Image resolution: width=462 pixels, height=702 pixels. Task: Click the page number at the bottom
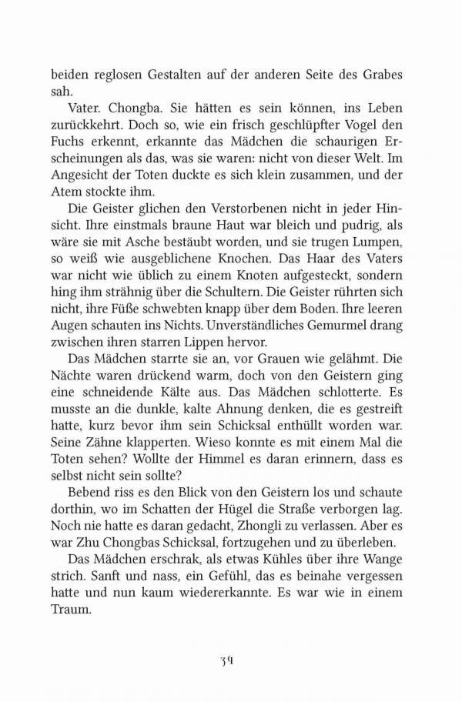230,660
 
